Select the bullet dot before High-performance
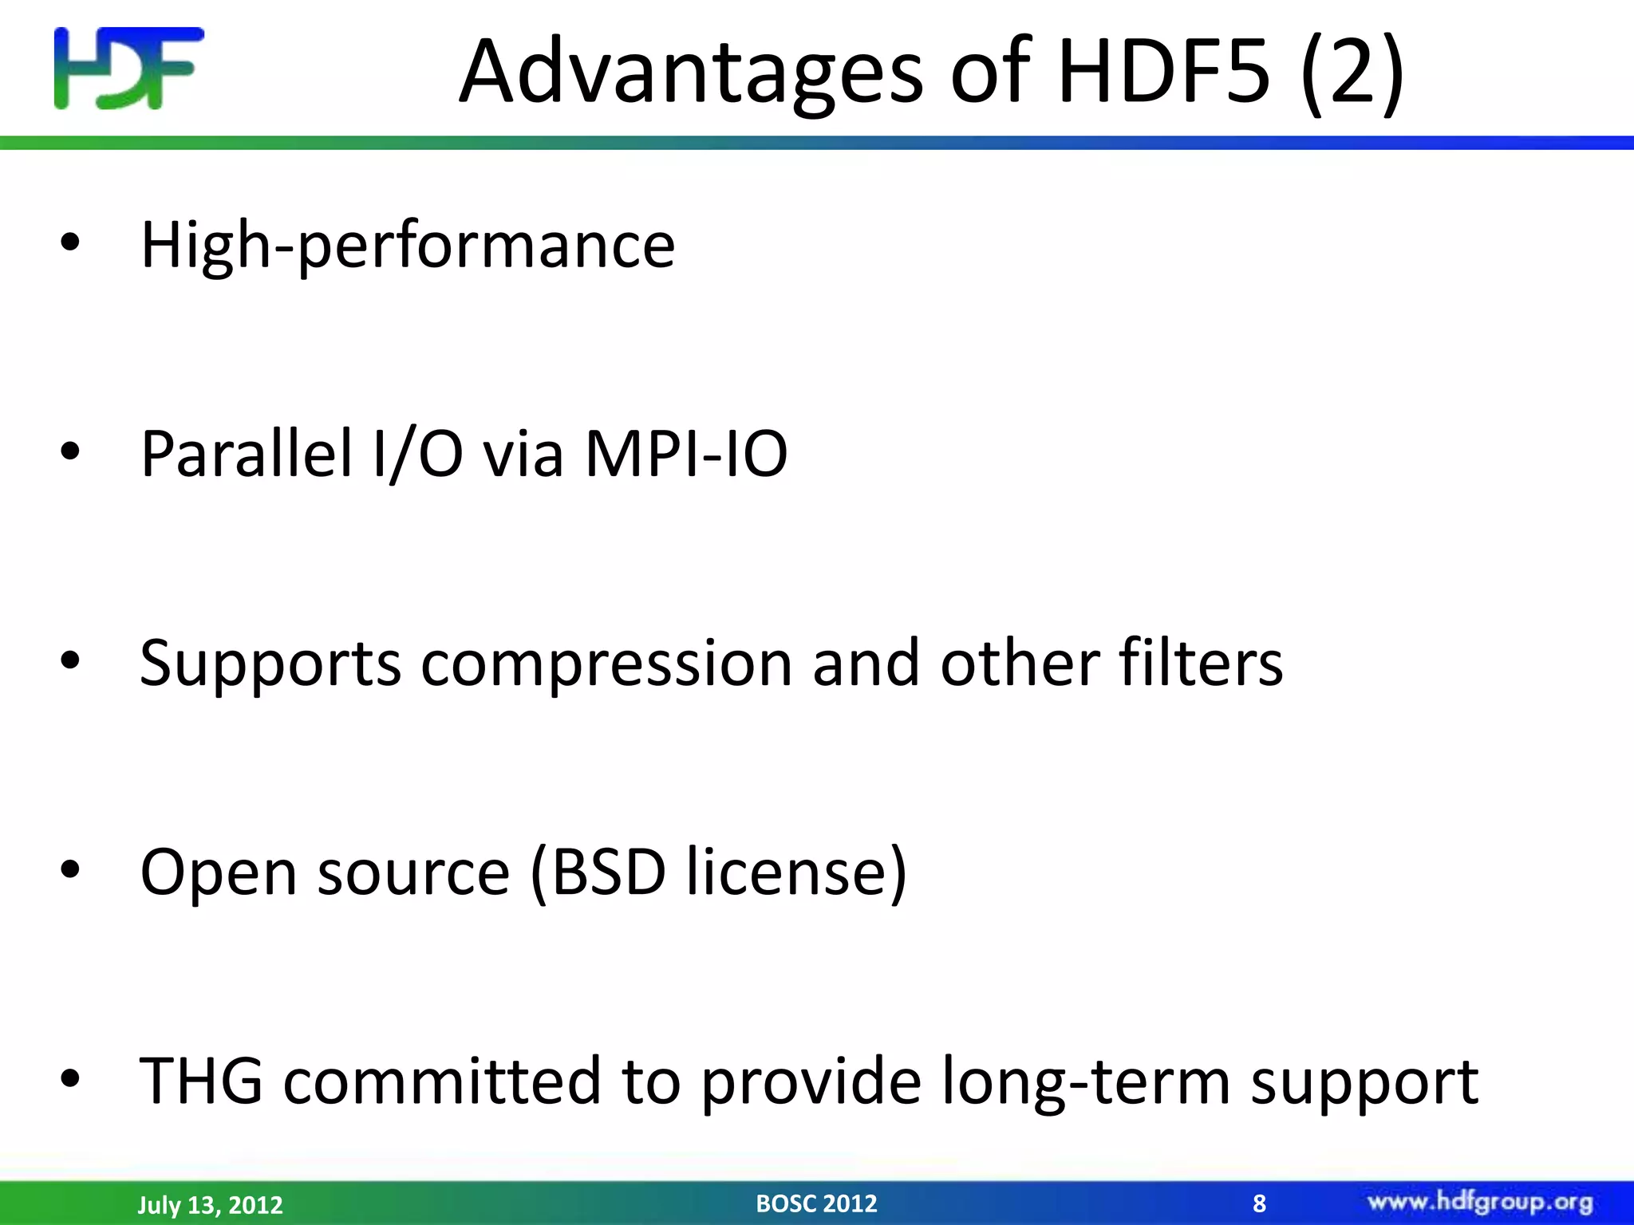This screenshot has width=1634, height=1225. pyautogui.click(x=70, y=243)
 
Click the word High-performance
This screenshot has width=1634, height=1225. pyautogui.click(x=408, y=246)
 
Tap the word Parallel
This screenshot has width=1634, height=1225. pyautogui.click(x=247, y=454)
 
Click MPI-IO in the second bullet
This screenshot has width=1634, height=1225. pyautogui.click(x=686, y=454)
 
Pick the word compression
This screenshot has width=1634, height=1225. pyautogui.click(x=606, y=664)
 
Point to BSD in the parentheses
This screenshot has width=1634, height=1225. pyautogui.click(x=609, y=872)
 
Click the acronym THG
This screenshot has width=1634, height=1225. pyautogui.click(x=201, y=1081)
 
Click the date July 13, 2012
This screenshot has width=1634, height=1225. pyautogui.click(x=211, y=1204)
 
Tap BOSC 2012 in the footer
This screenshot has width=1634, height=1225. pyautogui.click(x=816, y=1203)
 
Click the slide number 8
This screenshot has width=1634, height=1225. pyautogui.click(x=1259, y=1203)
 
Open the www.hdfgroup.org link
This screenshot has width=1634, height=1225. pyautogui.click(x=1480, y=1202)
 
